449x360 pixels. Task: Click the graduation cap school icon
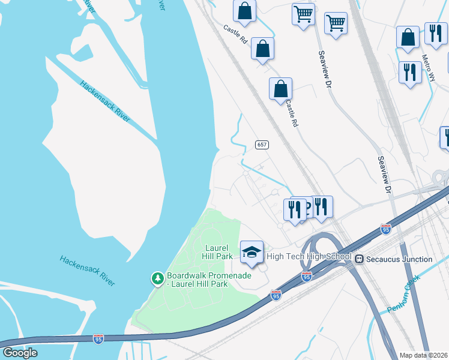coord(252,252)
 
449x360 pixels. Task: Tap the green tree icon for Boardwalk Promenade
coord(157,278)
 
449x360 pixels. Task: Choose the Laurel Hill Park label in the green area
coord(218,252)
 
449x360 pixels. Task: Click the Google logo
coord(20,353)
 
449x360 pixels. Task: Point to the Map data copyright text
coord(424,355)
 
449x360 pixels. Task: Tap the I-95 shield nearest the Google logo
coord(98,339)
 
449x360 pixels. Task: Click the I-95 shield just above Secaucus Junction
coord(386,229)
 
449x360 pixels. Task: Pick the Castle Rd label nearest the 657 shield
coord(291,112)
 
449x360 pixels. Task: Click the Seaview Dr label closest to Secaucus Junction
coord(384,175)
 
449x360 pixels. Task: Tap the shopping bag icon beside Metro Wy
coord(408,37)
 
